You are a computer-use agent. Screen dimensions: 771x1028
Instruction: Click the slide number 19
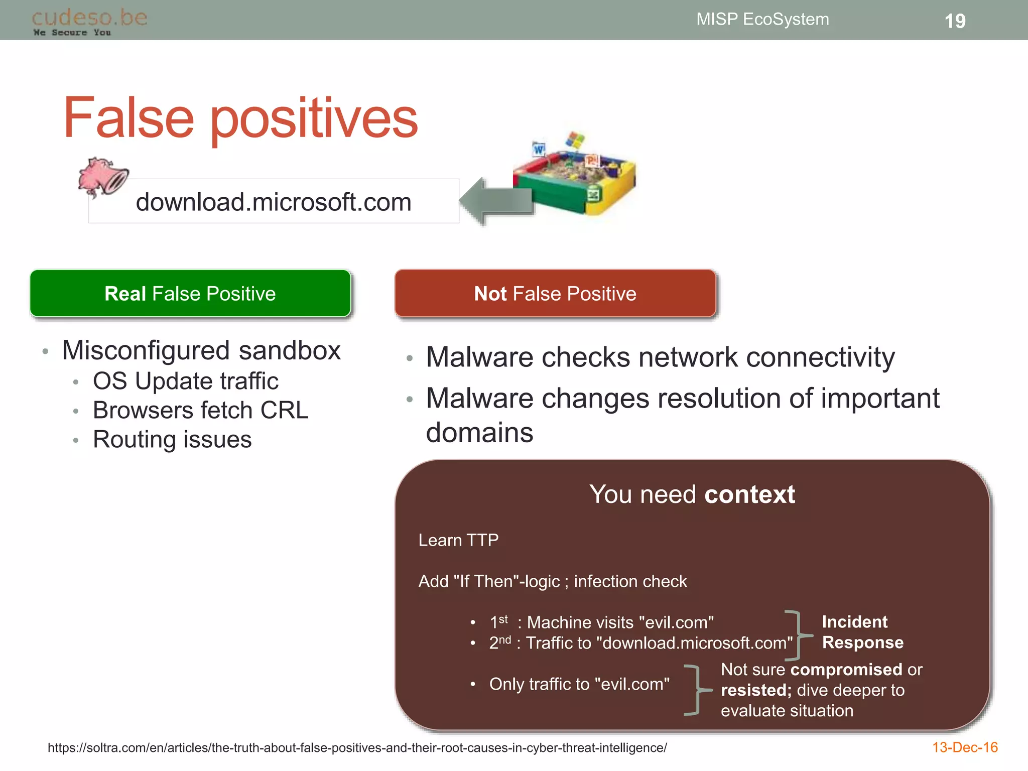955,21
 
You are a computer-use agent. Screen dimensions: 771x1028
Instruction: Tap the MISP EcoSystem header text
762,19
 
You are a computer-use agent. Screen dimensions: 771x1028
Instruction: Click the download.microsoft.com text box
274,202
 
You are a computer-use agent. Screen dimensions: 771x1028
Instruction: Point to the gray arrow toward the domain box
494,201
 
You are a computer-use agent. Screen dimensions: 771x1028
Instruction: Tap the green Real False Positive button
190,294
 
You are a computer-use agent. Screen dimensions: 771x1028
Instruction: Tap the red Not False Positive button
555,294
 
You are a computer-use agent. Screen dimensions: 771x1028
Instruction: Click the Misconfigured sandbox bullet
201,350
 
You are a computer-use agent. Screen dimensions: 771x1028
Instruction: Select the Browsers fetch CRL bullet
200,410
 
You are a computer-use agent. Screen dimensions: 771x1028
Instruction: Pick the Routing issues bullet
172,439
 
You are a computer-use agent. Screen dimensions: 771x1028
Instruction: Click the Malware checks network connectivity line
660,357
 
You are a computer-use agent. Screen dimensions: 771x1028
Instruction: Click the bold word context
749,494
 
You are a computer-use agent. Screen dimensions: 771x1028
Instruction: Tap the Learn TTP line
458,540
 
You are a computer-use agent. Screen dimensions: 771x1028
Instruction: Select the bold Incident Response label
862,632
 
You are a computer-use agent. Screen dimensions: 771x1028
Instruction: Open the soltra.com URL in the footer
357,748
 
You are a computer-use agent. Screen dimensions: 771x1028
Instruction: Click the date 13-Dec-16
964,747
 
